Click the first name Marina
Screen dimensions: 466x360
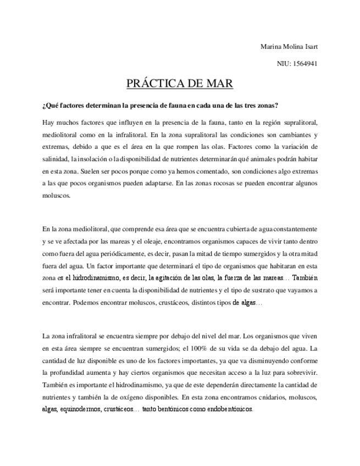pyautogui.click(x=270, y=46)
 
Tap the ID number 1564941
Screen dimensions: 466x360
pyautogui.click(x=305, y=64)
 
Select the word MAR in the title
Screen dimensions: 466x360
pyautogui.click(x=219, y=84)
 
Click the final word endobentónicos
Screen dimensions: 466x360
pyautogui.click(x=227, y=409)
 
